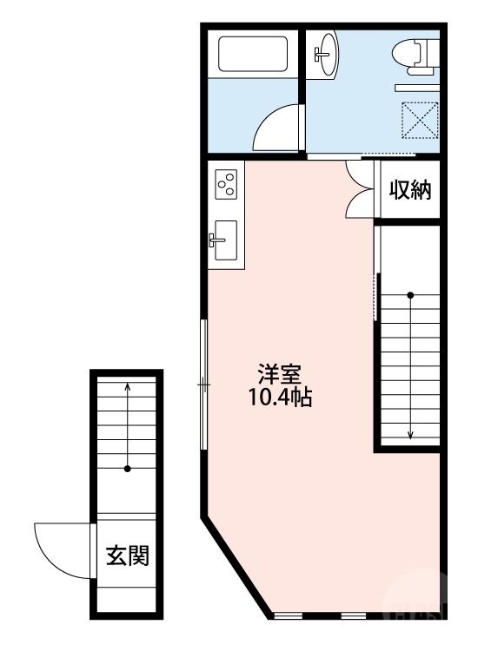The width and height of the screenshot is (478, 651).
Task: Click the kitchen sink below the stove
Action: pos(225,239)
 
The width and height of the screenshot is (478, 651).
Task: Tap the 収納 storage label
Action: pos(409,190)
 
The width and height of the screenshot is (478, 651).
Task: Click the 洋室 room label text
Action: pos(279,376)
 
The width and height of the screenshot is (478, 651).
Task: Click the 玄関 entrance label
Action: pos(128,555)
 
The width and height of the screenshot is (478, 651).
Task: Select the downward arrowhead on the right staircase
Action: pos(410,437)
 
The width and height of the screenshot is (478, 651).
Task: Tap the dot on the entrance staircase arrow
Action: pos(128,470)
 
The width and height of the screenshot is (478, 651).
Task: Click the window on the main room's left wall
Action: pos(203,383)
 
